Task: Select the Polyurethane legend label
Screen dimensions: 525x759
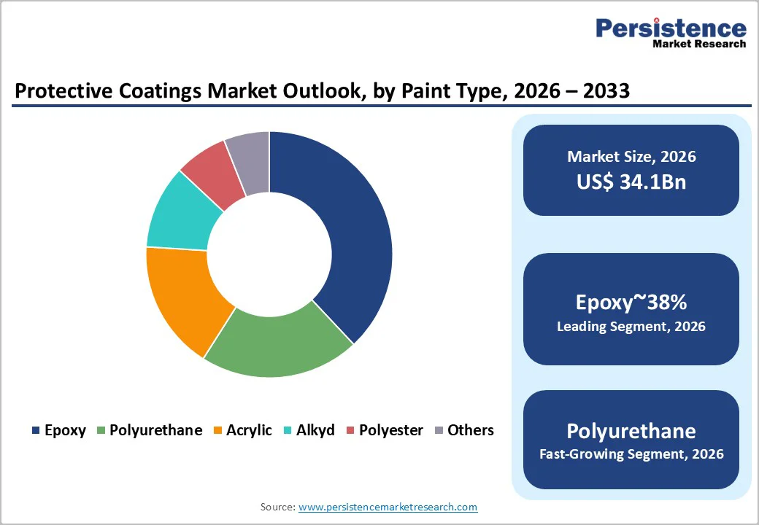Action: (x=155, y=430)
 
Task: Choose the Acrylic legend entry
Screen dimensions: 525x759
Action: (x=249, y=430)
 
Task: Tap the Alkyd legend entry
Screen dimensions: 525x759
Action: (x=315, y=430)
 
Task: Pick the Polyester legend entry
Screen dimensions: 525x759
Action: (x=390, y=430)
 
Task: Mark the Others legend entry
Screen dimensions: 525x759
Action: (x=471, y=430)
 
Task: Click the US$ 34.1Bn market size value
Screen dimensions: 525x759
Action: (x=631, y=182)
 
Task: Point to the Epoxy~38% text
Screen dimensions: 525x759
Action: (x=631, y=302)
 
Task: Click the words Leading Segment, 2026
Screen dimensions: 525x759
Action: (x=631, y=327)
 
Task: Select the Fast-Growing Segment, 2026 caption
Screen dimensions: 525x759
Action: (x=631, y=454)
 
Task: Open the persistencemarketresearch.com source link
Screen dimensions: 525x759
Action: (x=388, y=507)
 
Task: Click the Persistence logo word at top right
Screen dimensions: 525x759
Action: (x=671, y=28)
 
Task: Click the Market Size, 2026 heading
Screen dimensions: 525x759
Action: (x=631, y=157)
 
